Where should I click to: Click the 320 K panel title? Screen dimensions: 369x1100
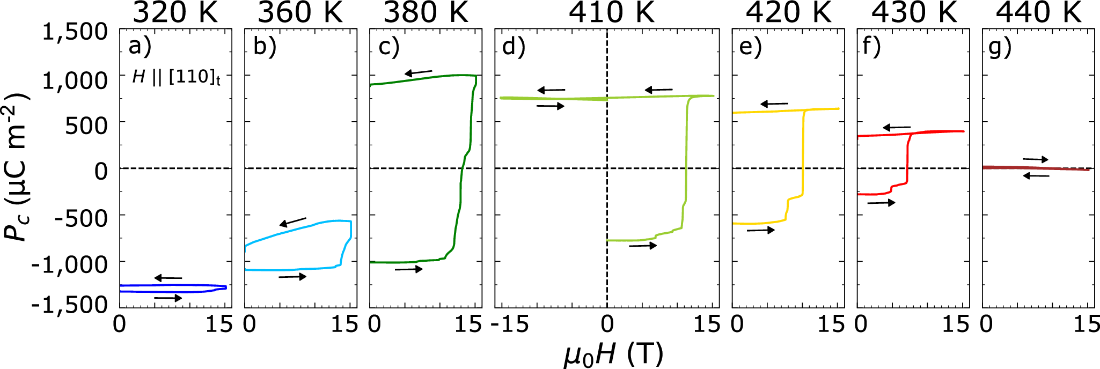[x=175, y=13]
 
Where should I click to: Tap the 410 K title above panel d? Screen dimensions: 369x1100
[x=612, y=13]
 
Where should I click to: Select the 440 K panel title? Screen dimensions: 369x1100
[x=1039, y=13]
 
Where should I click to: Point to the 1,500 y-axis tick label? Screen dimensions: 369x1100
[x=75, y=33]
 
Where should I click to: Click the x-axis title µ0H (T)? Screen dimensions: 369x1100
[x=613, y=354]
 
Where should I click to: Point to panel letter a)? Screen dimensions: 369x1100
[x=140, y=47]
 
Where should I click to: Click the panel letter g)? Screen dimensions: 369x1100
[x=1000, y=47]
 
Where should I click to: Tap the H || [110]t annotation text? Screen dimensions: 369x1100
[x=176, y=77]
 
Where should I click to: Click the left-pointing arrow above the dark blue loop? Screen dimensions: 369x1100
[x=168, y=278]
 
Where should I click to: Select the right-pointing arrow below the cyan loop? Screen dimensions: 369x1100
[x=292, y=277]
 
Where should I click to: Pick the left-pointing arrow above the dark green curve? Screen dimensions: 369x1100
[x=418, y=72]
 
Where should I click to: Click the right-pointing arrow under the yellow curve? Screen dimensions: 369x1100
[x=760, y=230]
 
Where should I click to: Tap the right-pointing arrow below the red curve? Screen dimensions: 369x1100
[x=881, y=203]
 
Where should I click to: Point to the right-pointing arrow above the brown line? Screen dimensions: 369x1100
[x=1035, y=159]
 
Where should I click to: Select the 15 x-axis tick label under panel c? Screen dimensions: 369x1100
[x=468, y=324]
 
